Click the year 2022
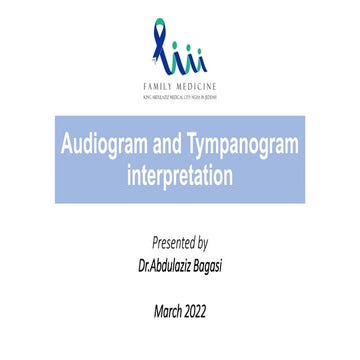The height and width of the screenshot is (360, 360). click(199, 311)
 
